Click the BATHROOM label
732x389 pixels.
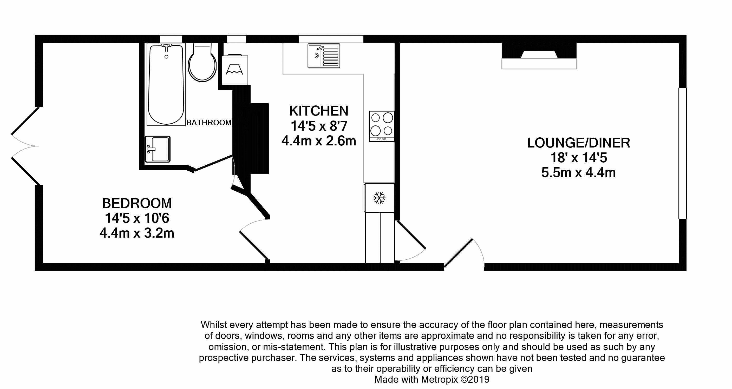[x=209, y=122]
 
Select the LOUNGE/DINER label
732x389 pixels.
[x=579, y=143]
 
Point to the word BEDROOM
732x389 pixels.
[x=137, y=203]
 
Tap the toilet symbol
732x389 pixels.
[x=202, y=62]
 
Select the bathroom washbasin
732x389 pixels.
[x=158, y=149]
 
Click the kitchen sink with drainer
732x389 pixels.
[x=324, y=56]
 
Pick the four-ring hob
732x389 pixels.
[x=382, y=126]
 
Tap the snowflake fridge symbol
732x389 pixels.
[x=379, y=198]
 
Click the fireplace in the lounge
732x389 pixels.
[x=539, y=56]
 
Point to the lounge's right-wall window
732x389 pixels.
[x=683, y=153]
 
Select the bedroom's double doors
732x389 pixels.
[x=25, y=146]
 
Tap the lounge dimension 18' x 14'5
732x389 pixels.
[x=579, y=158]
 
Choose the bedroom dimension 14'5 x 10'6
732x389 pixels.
[x=137, y=218]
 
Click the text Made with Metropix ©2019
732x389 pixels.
[x=432, y=379]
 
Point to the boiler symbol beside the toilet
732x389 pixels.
[x=234, y=70]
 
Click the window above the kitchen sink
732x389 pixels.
[x=331, y=39]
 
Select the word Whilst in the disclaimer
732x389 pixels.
[x=214, y=325]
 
